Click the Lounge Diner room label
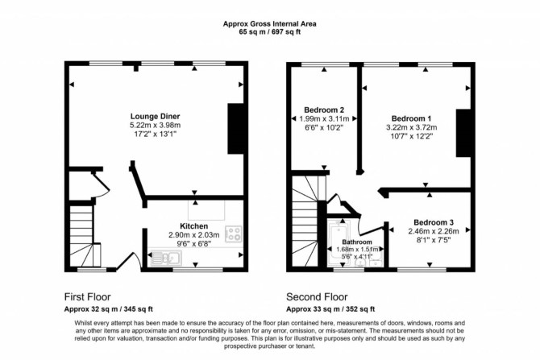(x=155, y=116)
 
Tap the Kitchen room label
(x=194, y=226)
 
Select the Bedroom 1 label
(x=411, y=118)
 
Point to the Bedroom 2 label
(x=324, y=110)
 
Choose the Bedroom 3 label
(x=434, y=222)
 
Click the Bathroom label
(x=357, y=242)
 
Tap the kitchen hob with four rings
(x=234, y=234)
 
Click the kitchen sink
(x=166, y=259)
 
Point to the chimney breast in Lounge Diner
(x=236, y=128)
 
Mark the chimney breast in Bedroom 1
(x=463, y=133)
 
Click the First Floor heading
(x=88, y=296)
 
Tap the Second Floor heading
(x=317, y=296)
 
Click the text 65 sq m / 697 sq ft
(x=270, y=32)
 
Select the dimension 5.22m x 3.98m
(x=155, y=125)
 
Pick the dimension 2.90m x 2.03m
(x=194, y=235)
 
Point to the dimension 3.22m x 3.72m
(x=412, y=127)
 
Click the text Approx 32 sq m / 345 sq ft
(x=109, y=309)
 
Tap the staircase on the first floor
(x=83, y=236)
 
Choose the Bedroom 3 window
(x=422, y=270)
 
